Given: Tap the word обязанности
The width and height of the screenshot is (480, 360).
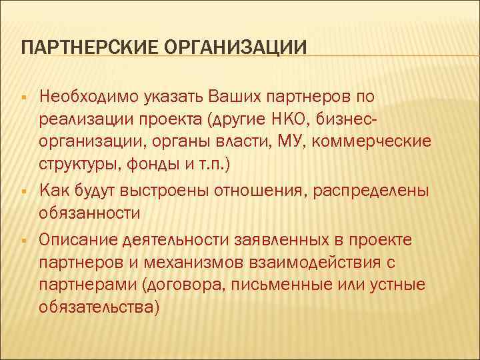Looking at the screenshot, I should coord(89,214).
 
